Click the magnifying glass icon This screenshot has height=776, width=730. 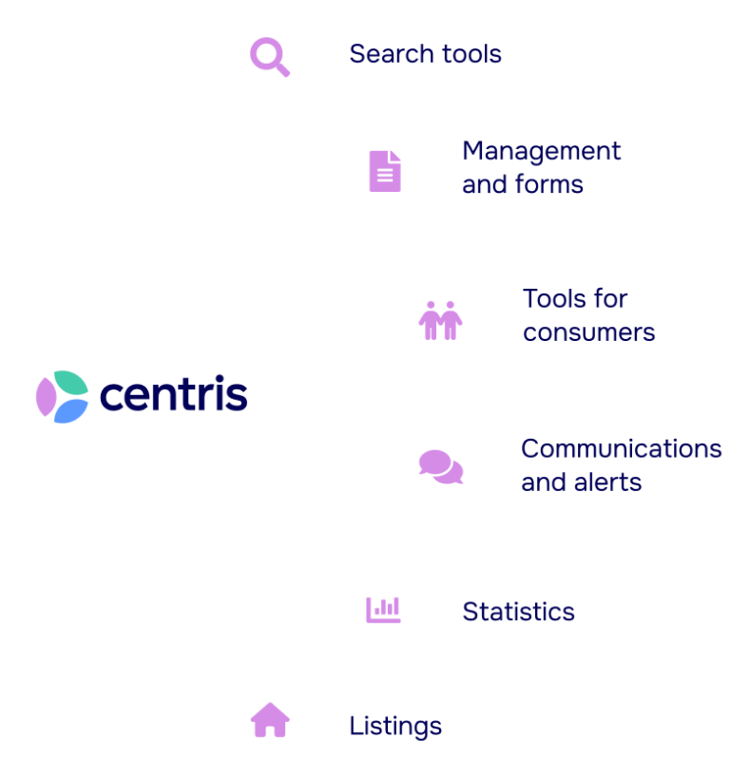coord(270,56)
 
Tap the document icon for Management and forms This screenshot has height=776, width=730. coord(384,171)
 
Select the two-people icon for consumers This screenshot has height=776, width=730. coord(440,320)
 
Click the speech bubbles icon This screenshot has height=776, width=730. coord(441,466)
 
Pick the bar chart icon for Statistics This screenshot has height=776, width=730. coord(383,609)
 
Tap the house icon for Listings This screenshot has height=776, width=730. coord(270,720)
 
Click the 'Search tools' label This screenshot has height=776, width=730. coord(425,54)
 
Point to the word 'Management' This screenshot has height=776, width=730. coord(541,152)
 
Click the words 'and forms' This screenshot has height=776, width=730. coord(523,184)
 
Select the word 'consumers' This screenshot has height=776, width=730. coord(588,332)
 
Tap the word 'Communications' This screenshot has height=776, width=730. coord(622,448)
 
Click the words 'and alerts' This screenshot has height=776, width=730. coord(582,482)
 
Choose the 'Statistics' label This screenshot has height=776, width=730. coord(518,612)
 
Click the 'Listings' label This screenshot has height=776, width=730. coord(395,727)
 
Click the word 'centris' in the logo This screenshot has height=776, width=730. coord(173,394)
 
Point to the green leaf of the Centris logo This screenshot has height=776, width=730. coord(68,382)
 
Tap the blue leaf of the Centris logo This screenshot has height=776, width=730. coord(69,410)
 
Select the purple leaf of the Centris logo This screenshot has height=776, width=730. coord(46,396)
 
